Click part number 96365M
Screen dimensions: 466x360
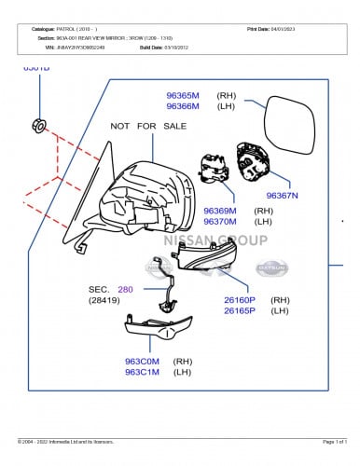(183, 95)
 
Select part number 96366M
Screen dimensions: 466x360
(183, 106)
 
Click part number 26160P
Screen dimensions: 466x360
(240, 300)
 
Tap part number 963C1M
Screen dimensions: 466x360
(143, 372)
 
